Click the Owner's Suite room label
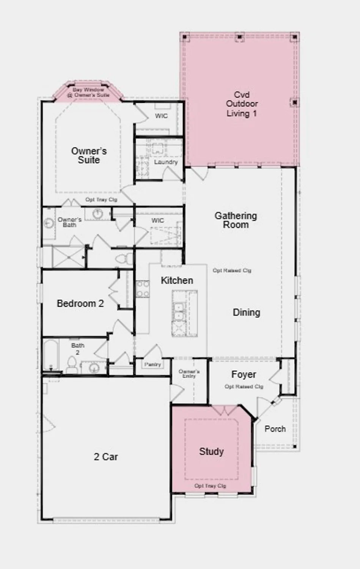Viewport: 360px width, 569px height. click(x=89, y=156)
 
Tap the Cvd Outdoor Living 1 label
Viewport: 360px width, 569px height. click(x=242, y=104)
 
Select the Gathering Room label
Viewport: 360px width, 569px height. click(x=236, y=220)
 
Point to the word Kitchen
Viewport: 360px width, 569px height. click(x=177, y=280)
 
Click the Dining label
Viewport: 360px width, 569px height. click(x=246, y=312)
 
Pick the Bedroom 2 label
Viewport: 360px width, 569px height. click(x=80, y=303)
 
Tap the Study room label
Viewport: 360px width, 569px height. click(x=211, y=451)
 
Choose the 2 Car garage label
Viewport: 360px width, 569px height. click(x=106, y=457)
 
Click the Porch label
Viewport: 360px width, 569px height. click(x=275, y=429)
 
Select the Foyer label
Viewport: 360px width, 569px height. click(x=244, y=374)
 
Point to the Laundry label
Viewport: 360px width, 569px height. click(x=166, y=162)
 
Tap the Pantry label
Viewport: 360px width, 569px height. click(x=152, y=364)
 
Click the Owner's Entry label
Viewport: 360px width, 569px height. click(x=189, y=374)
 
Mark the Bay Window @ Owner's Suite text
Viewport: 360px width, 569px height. click(x=88, y=92)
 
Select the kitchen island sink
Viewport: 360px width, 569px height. click(x=178, y=311)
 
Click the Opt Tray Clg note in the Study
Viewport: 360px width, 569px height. click(x=210, y=486)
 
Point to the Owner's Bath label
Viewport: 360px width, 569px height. click(x=69, y=222)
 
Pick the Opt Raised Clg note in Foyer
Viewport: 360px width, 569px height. click(x=244, y=387)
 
